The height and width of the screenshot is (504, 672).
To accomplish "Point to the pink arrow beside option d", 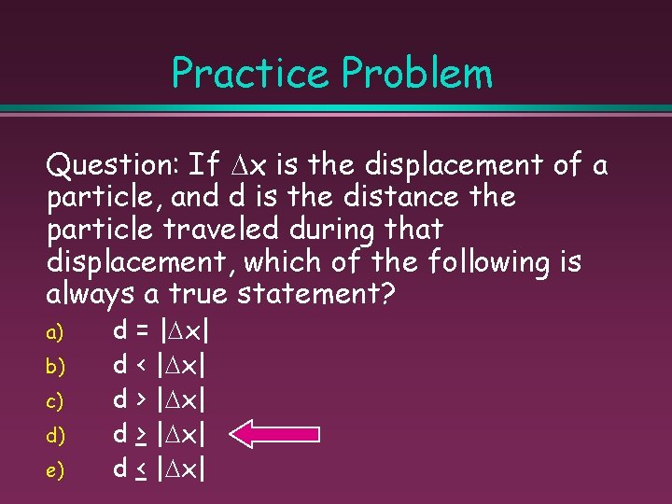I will (275, 434).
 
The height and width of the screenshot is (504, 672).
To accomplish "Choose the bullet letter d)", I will (55, 435).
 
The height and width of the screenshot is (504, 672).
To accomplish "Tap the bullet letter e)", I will (55, 470).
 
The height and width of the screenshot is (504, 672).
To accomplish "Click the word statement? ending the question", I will (317, 295).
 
